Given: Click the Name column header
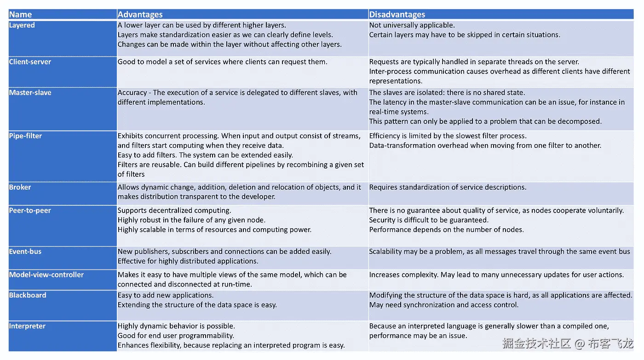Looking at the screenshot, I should [20, 15].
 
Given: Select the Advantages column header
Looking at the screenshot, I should [140, 15].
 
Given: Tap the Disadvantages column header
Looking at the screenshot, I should [397, 15].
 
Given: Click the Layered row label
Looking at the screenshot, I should [22, 25].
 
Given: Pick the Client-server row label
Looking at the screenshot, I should [30, 62].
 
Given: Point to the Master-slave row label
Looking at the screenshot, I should [30, 93].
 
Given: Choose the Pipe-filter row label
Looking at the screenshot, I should [26, 136].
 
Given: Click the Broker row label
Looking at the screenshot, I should [20, 187].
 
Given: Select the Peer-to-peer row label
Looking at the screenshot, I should [30, 211].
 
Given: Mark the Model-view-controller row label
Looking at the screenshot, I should [46, 275].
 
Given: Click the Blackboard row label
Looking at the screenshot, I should [28, 295].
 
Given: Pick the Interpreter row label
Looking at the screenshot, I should [27, 326].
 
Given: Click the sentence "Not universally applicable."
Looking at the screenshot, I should [412, 25].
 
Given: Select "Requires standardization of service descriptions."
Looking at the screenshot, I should [448, 187].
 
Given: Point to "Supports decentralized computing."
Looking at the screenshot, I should [174, 211].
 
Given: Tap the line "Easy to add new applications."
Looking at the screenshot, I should [166, 295].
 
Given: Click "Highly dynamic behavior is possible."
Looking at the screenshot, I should [176, 326].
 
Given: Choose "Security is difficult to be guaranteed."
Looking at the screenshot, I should [429, 220].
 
